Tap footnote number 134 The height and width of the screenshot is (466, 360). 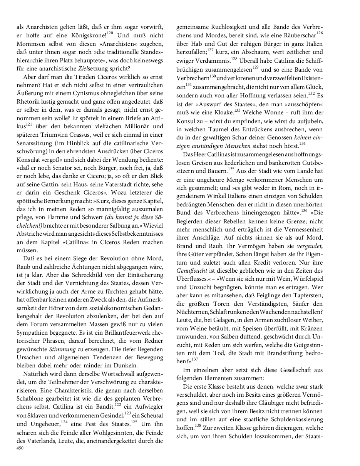click(x=302, y=144)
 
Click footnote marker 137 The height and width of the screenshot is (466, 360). click(x=194, y=359)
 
